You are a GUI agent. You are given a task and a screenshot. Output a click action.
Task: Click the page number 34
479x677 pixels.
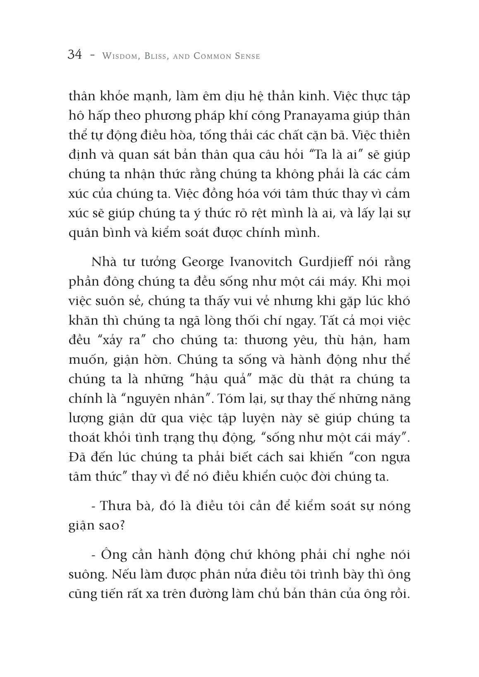pos(75,55)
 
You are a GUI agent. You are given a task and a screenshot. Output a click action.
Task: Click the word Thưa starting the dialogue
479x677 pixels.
pos(116,506)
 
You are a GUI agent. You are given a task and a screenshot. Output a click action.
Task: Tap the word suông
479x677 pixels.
pos(84,574)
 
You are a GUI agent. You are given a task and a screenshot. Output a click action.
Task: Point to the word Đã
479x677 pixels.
pos(77,458)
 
